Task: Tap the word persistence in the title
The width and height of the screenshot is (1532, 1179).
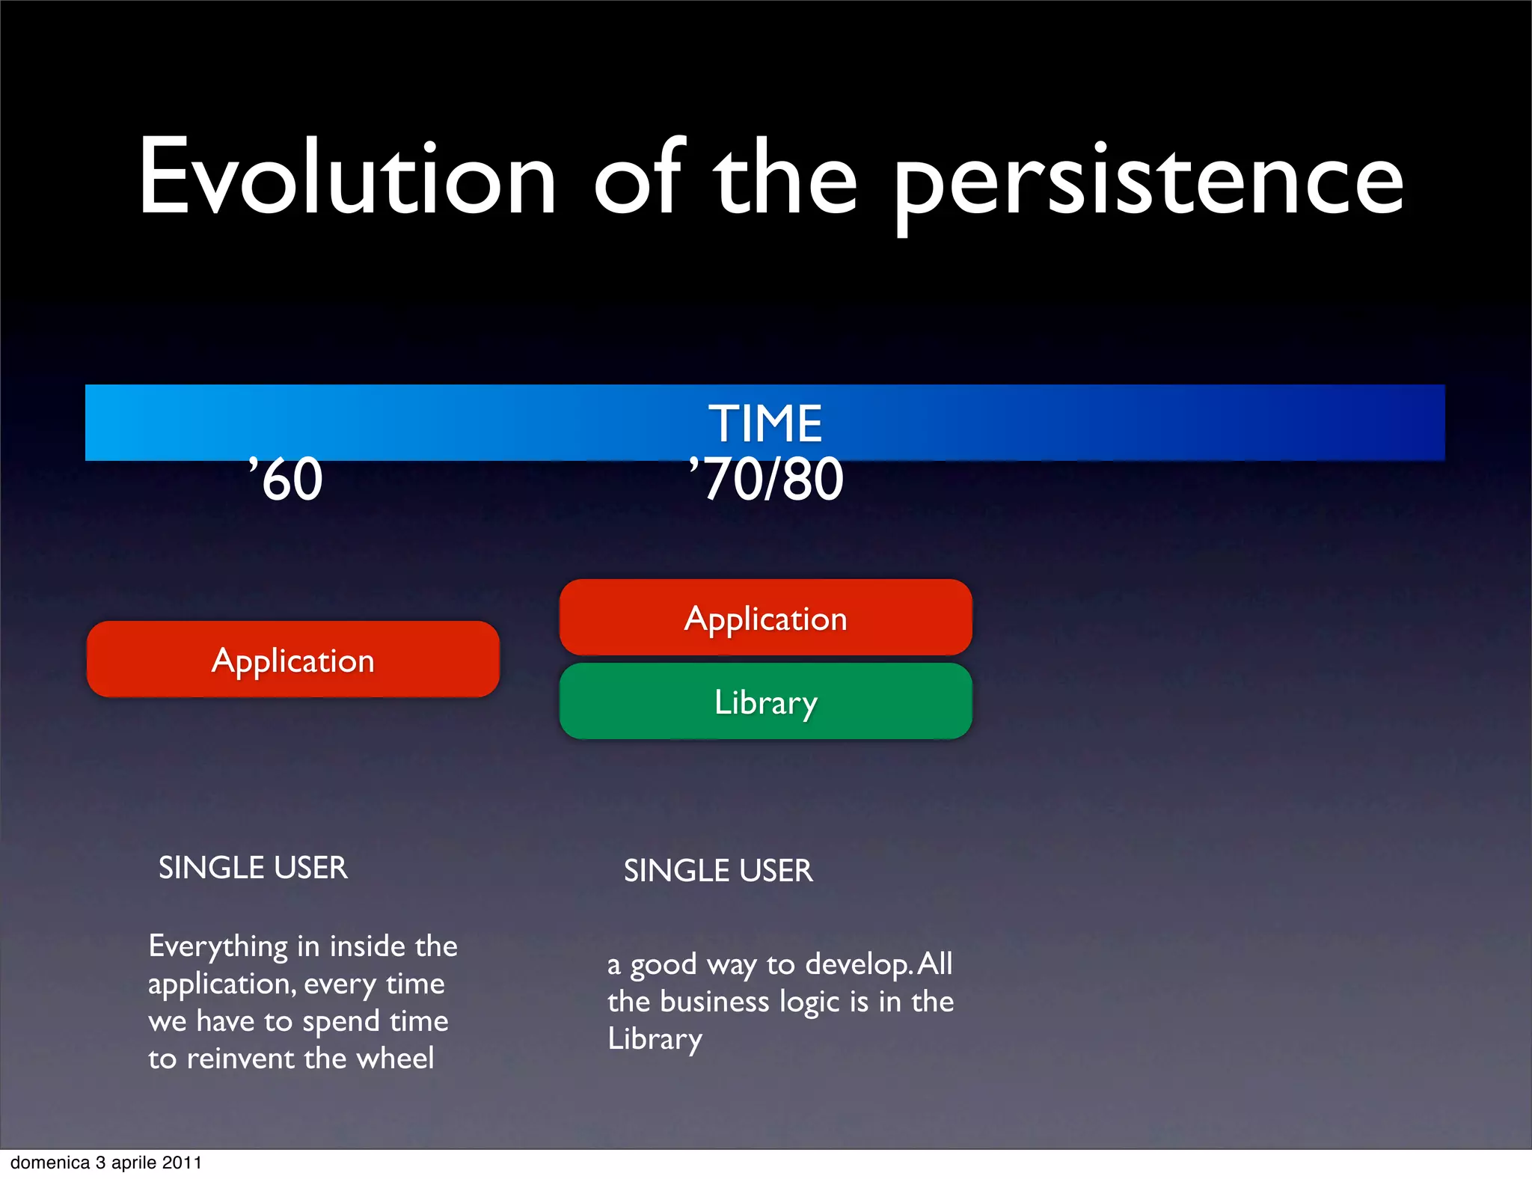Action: pos(1148,183)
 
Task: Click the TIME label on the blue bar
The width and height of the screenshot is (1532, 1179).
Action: pos(765,423)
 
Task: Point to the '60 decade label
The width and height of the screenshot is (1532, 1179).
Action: pos(286,480)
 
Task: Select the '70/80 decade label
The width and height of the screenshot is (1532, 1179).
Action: pos(766,480)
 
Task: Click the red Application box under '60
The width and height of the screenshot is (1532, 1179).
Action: pos(292,660)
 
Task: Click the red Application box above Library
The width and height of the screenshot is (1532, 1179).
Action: pos(765,618)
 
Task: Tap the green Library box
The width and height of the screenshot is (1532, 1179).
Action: pos(765,702)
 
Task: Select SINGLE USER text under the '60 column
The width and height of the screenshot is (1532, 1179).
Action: pos(253,868)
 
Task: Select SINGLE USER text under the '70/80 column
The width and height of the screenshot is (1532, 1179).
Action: pos(718,871)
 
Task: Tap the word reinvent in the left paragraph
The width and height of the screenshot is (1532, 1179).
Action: pos(240,1059)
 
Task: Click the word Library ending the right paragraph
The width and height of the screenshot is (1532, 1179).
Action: pos(655,1040)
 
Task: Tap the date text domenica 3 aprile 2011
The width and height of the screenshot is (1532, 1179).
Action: pos(106,1163)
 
